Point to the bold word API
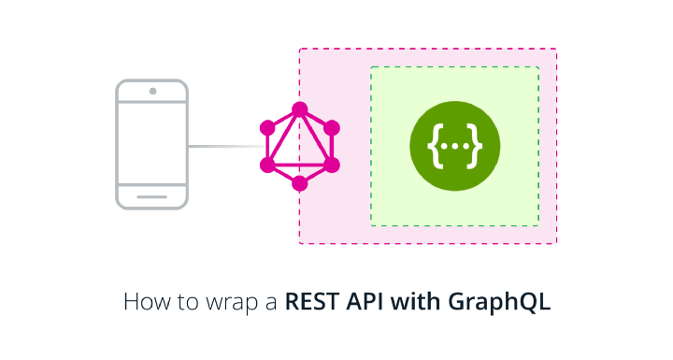click(x=365, y=303)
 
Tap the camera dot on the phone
click(x=152, y=92)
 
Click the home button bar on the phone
click(x=152, y=195)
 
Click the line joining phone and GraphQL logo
click(x=224, y=146)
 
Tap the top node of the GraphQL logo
click(x=299, y=109)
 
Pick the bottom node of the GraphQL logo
click(x=299, y=182)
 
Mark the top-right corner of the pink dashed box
click(x=556, y=50)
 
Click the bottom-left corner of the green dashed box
click(x=371, y=225)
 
